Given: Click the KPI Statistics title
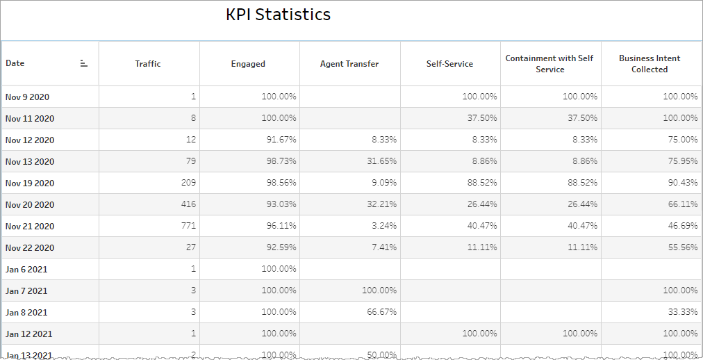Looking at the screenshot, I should click(278, 15).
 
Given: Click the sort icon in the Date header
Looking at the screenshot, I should click(84, 63).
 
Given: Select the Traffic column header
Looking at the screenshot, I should click(148, 64).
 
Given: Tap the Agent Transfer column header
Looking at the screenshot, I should click(349, 64).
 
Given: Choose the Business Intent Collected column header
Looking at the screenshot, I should click(650, 64).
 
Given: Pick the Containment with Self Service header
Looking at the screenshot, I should click(549, 64).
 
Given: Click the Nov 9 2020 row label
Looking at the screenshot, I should click(27, 97).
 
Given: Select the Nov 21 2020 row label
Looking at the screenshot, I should click(29, 227).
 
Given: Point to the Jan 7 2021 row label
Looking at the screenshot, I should click(26, 291).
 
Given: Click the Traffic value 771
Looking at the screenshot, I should click(188, 227).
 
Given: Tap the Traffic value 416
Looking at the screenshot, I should click(188, 205).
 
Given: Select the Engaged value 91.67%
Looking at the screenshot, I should click(281, 140).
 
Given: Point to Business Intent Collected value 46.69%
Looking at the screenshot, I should click(683, 227).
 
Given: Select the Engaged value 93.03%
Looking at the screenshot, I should click(281, 205).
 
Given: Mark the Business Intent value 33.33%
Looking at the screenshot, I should click(683, 313).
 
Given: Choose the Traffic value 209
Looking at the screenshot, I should click(188, 183).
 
